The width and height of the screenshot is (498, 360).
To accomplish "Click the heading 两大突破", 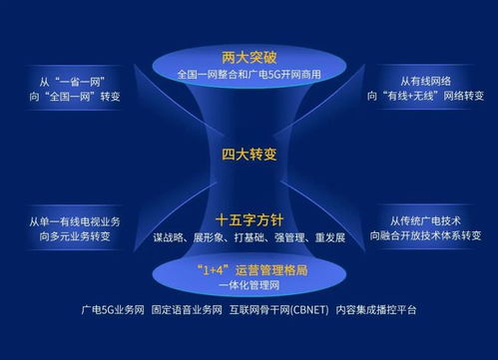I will coord(249,56).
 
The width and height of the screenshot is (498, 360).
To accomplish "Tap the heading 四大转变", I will coord(249,155).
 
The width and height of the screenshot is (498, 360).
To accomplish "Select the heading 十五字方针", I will coord(249,219).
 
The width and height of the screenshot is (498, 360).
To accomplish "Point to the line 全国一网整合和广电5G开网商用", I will coord(249,75).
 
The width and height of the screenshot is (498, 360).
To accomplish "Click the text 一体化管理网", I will coord(249,285).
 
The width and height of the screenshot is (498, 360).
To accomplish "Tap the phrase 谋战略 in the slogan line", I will coord(170,238).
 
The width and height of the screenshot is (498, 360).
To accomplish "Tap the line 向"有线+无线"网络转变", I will coord(428,96).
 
